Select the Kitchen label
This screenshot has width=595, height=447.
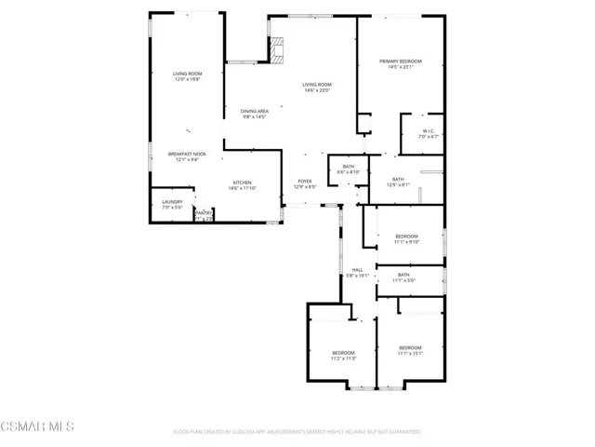click(242, 185)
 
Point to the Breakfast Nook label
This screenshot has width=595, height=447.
click(188, 156)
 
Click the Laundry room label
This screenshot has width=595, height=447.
click(172, 204)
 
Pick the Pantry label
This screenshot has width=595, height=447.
click(204, 215)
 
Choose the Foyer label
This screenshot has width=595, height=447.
click(304, 183)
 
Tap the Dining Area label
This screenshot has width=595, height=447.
click(255, 115)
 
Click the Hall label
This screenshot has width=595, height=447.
click(357, 272)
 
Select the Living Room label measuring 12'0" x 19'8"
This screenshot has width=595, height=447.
click(187, 76)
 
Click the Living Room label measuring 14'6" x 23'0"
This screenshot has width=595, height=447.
click(316, 87)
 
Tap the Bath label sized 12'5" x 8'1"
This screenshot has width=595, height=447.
click(398, 183)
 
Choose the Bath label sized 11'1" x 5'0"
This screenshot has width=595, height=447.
click(404, 278)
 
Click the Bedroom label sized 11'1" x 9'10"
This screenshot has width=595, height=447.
click(407, 238)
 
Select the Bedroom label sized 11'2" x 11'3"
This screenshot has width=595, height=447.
click(344, 355)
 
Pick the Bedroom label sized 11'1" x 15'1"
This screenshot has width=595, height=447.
click(410, 350)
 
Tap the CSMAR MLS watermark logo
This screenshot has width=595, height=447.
click(37, 427)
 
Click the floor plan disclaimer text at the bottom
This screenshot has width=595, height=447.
click(297, 432)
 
